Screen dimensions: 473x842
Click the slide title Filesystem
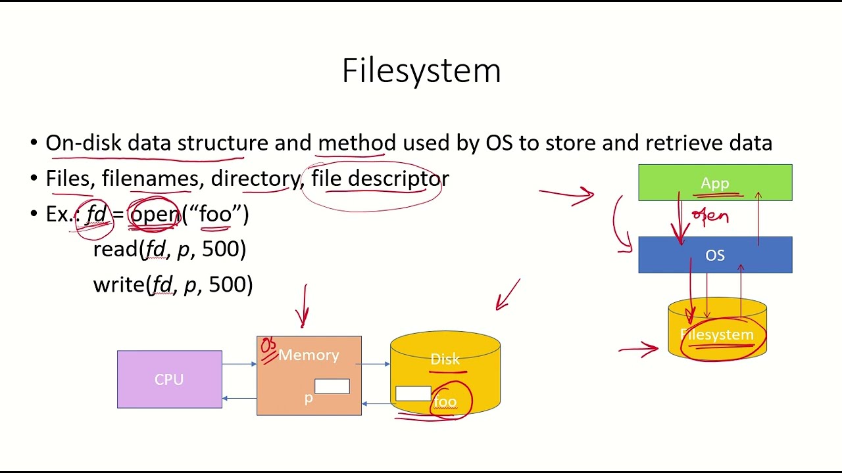[x=421, y=70]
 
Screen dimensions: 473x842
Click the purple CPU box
[x=169, y=379]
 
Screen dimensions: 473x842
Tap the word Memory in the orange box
[x=309, y=355]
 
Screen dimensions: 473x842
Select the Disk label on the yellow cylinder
[x=445, y=359]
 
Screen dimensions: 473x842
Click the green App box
[x=715, y=183]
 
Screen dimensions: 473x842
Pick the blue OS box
[x=715, y=255]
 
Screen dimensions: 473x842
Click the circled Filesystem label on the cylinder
[x=717, y=335]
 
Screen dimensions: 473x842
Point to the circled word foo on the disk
[x=445, y=401]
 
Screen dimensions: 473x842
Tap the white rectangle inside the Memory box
[x=332, y=386]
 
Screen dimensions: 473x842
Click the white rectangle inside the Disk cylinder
[x=413, y=394]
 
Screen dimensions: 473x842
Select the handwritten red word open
[x=710, y=216]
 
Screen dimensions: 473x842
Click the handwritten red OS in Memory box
[x=268, y=349]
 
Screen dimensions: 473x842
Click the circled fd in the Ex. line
[x=96, y=214]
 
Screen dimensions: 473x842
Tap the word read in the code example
[x=115, y=249]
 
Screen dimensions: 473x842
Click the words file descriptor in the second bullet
[x=380, y=179]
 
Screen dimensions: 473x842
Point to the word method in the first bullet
[x=357, y=143]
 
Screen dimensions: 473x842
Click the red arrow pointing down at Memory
[x=304, y=306]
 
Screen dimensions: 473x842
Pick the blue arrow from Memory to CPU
[x=239, y=398]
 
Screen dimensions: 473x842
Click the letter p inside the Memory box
[x=308, y=399]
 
